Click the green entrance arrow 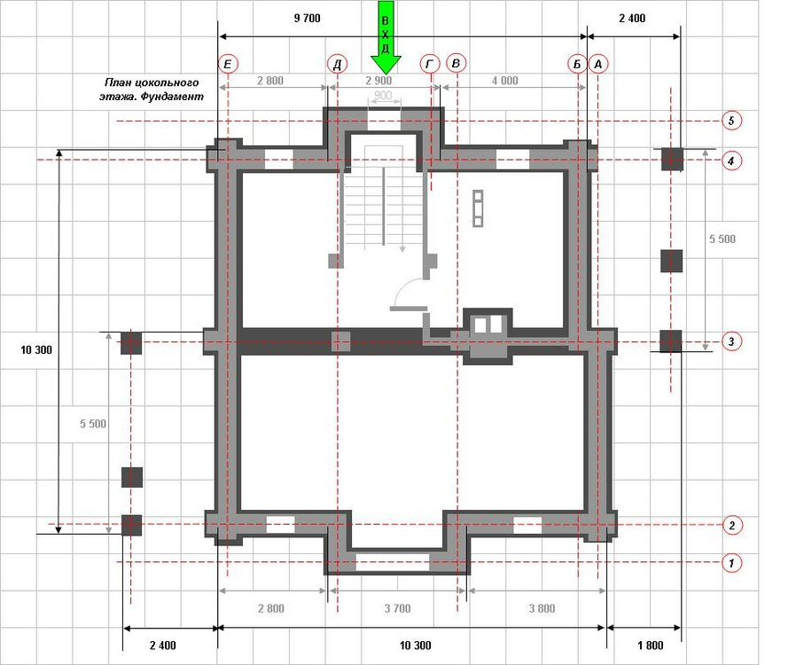click(x=386, y=38)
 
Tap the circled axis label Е click(x=228, y=64)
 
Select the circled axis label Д click(x=337, y=64)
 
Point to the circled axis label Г click(x=430, y=64)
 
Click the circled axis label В click(x=456, y=64)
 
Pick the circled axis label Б click(x=577, y=65)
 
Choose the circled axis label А click(x=598, y=65)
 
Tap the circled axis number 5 click(x=731, y=121)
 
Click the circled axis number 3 click(x=731, y=341)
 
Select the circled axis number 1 click(x=731, y=562)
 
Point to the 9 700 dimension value click(x=307, y=19)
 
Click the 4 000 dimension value click(x=505, y=81)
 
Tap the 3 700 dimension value click(x=397, y=608)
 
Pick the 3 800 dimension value click(x=542, y=608)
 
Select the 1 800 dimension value click(x=651, y=645)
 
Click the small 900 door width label click(x=383, y=96)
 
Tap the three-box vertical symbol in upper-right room click(x=478, y=208)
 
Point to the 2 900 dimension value click(x=378, y=81)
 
